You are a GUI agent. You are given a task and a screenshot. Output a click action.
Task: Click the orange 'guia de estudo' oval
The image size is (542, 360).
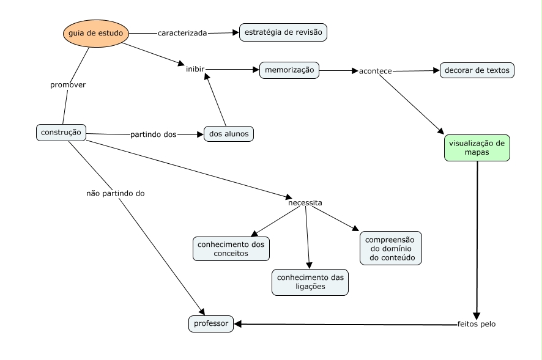[x=96, y=33]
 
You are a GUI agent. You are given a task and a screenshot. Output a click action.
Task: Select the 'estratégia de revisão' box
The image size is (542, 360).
[x=283, y=32]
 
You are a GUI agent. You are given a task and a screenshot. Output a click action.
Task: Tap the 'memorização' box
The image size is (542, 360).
[x=289, y=70]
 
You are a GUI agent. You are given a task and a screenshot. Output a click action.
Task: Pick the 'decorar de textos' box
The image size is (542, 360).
[x=477, y=70]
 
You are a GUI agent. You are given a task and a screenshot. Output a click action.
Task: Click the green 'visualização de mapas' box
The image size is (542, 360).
[x=477, y=148]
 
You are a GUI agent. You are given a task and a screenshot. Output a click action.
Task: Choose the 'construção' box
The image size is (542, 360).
[x=61, y=133]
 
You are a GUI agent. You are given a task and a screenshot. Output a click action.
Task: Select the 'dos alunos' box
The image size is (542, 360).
[x=229, y=134]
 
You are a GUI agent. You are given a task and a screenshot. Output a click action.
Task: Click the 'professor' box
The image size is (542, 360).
[x=211, y=324]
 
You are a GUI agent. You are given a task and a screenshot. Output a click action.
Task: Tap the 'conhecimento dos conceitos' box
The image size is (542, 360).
[x=231, y=249]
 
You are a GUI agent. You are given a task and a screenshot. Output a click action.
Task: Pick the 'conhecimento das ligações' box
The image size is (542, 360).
[x=310, y=282]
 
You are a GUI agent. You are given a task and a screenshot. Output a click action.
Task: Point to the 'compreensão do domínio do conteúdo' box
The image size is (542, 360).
[x=391, y=248]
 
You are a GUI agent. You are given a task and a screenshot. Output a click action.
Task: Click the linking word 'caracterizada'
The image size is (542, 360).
[x=182, y=33]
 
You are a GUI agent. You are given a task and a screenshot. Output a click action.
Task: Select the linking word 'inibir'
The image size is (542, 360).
[x=195, y=69]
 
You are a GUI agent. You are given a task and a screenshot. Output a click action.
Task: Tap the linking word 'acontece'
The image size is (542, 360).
[x=376, y=71]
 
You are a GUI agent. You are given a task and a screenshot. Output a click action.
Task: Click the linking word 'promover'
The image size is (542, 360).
[x=68, y=85]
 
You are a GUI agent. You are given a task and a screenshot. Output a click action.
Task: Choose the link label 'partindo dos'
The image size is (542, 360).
[x=154, y=134]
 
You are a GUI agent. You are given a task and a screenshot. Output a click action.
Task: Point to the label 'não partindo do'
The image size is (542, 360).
[x=116, y=194]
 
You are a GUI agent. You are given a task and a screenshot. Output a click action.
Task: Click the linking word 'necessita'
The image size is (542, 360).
[x=305, y=203]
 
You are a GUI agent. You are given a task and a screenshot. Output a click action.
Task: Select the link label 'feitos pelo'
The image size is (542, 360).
[x=477, y=324]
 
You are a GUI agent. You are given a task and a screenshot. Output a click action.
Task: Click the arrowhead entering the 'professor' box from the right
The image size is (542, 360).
[x=237, y=324]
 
